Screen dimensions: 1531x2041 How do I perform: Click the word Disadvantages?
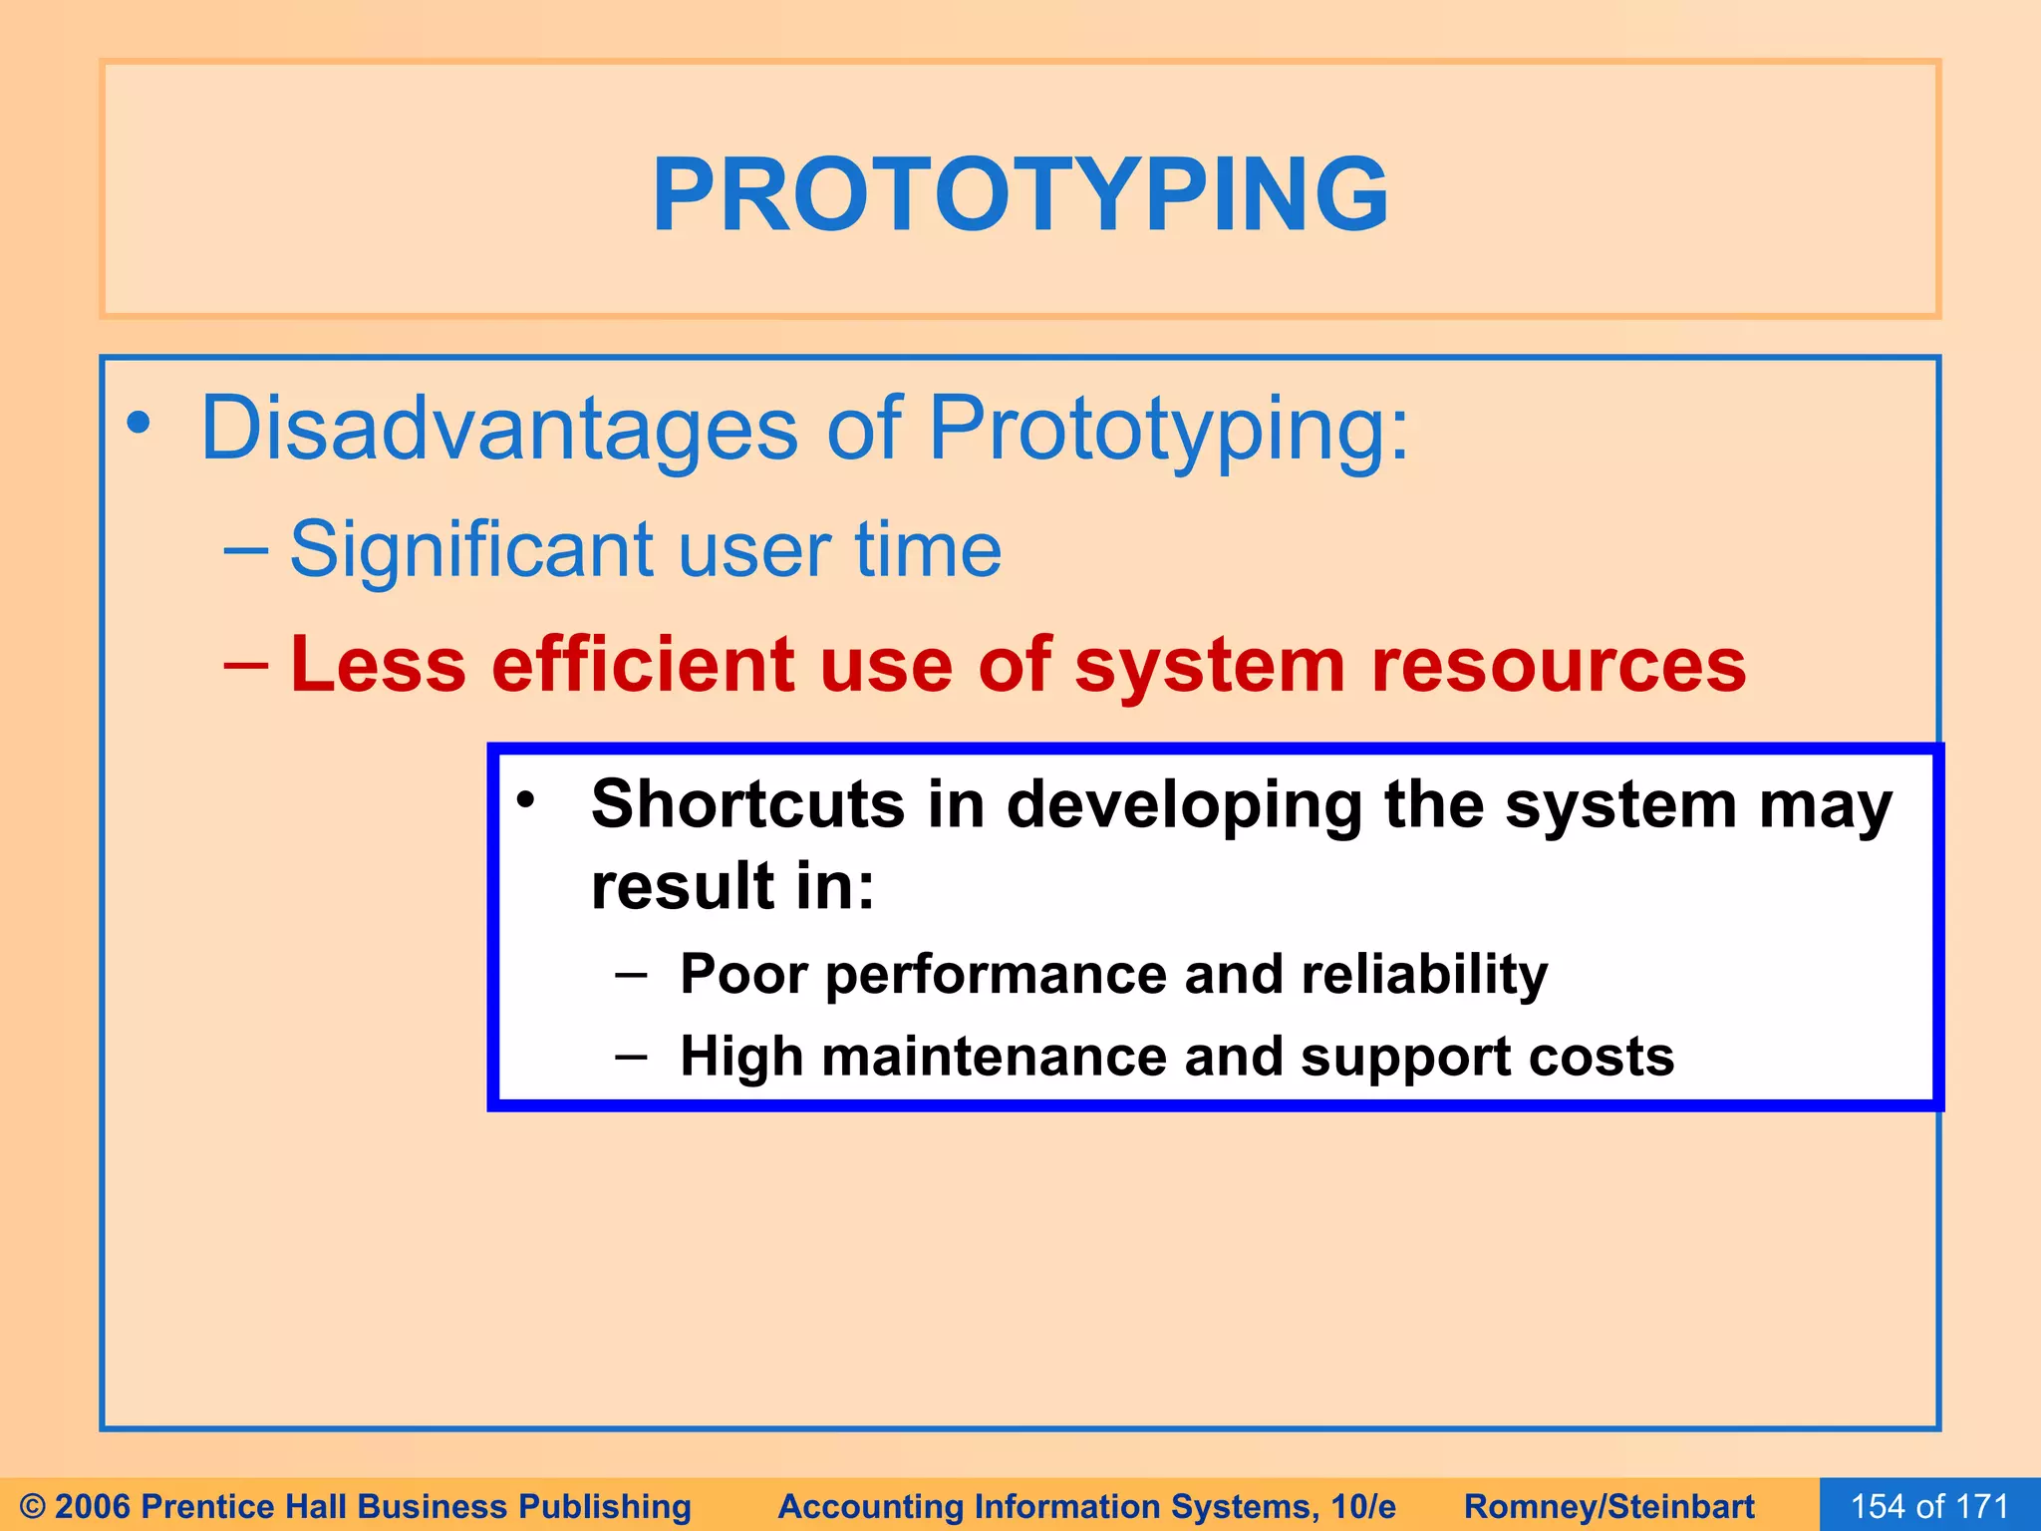tap(498, 429)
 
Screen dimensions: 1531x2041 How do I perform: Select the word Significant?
tap(471, 549)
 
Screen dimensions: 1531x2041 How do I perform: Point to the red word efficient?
tap(643, 665)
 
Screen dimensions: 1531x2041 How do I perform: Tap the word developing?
tap(1184, 805)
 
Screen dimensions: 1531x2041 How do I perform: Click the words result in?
tap(732, 885)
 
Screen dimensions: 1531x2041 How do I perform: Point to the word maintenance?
tap(993, 1057)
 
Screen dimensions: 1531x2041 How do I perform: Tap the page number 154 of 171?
tap(1929, 1506)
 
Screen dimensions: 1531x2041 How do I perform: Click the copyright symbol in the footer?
tap(32, 1506)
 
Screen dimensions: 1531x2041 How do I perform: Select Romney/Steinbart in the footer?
tap(1608, 1506)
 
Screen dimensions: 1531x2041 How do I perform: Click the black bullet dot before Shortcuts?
tap(526, 798)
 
